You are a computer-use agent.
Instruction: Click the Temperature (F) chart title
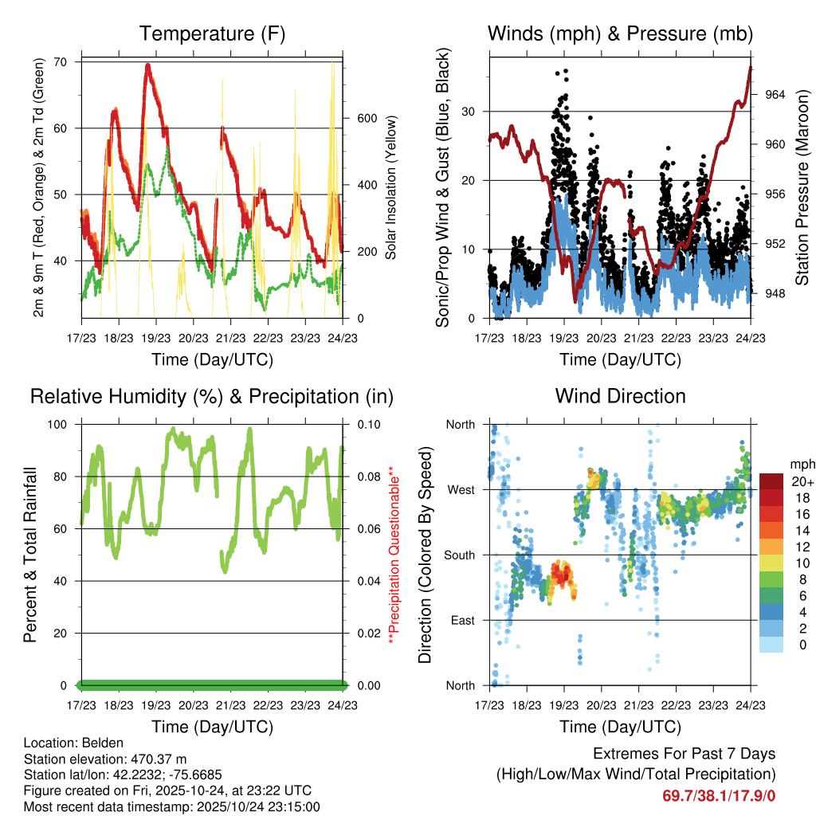click(212, 33)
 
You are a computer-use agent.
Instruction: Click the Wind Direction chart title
click(620, 395)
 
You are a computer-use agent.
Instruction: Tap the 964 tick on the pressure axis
click(775, 94)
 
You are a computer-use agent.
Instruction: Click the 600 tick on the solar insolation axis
click(366, 118)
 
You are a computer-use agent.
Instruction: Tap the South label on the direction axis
click(459, 555)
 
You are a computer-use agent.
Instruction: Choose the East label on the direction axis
click(462, 620)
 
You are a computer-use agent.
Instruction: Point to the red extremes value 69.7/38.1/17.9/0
click(719, 796)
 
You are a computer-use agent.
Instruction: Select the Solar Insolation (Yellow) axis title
click(391, 188)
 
